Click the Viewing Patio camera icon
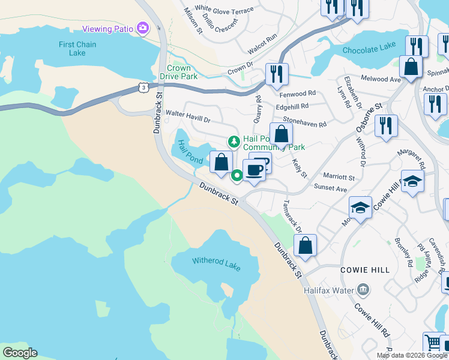[142, 28]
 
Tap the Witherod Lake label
[216, 264]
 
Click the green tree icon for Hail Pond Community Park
[233, 142]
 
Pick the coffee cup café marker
[254, 170]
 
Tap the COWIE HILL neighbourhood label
[361, 271]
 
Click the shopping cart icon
[433, 343]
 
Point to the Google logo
[20, 353]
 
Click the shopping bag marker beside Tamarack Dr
[305, 245]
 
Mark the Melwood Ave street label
[380, 79]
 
